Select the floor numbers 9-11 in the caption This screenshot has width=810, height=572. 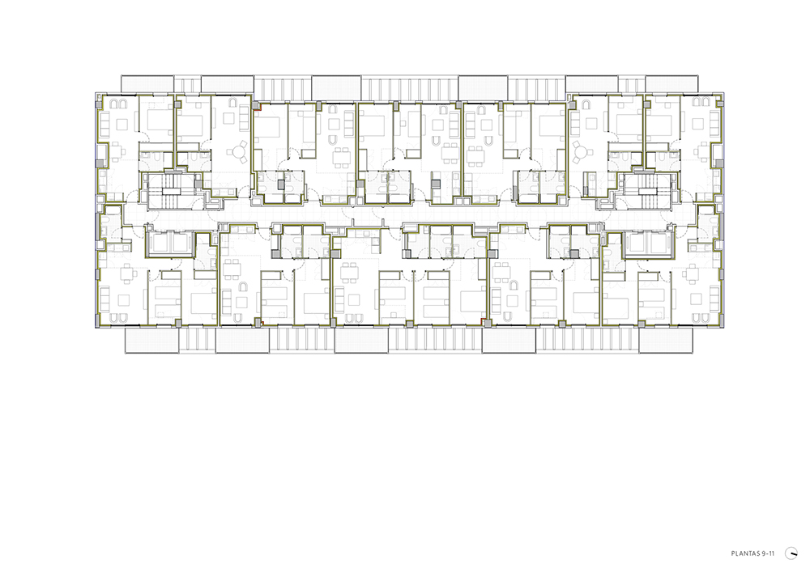pyautogui.click(x=768, y=553)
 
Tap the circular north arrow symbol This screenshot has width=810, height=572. pyautogui.click(x=791, y=553)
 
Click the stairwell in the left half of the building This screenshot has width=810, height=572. pyautogui.click(x=170, y=191)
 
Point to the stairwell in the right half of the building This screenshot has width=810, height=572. pyautogui.click(x=646, y=191)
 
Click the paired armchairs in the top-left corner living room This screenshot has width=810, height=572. pyautogui.click(x=118, y=104)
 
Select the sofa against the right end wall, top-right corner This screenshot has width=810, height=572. pyautogui.click(x=715, y=124)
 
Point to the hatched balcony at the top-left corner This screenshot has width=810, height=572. pyautogui.click(x=147, y=83)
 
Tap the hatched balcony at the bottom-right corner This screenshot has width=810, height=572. pyautogui.click(x=666, y=341)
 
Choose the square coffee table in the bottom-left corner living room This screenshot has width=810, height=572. pyautogui.click(x=123, y=299)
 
